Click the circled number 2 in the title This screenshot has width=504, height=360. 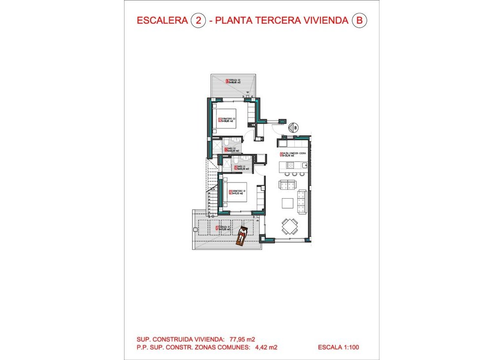[x=197, y=21]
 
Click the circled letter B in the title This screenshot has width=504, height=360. [x=360, y=21]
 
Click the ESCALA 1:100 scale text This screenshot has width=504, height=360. [x=339, y=347]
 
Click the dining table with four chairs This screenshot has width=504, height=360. [x=289, y=227]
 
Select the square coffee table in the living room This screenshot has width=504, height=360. [x=286, y=203]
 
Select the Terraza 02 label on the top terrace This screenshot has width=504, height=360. [x=234, y=82]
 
